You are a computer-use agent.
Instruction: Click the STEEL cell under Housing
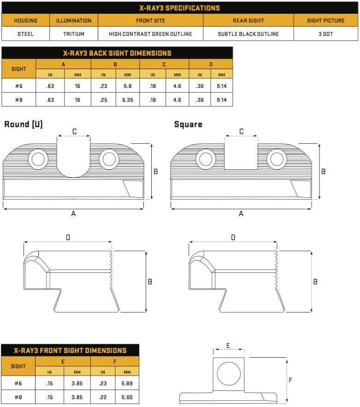point(25,34)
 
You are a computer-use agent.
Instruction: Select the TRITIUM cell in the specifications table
point(74,34)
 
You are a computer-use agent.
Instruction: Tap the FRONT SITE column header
point(151,20)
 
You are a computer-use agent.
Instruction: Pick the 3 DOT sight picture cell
point(326,34)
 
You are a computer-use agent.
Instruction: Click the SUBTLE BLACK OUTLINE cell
point(248,34)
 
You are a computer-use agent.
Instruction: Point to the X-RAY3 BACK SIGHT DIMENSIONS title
point(117,53)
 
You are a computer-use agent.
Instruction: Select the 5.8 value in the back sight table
point(128,86)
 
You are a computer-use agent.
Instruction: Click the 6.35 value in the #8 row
point(128,100)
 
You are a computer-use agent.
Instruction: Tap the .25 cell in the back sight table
point(103,100)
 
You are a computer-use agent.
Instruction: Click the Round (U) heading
point(24,124)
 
